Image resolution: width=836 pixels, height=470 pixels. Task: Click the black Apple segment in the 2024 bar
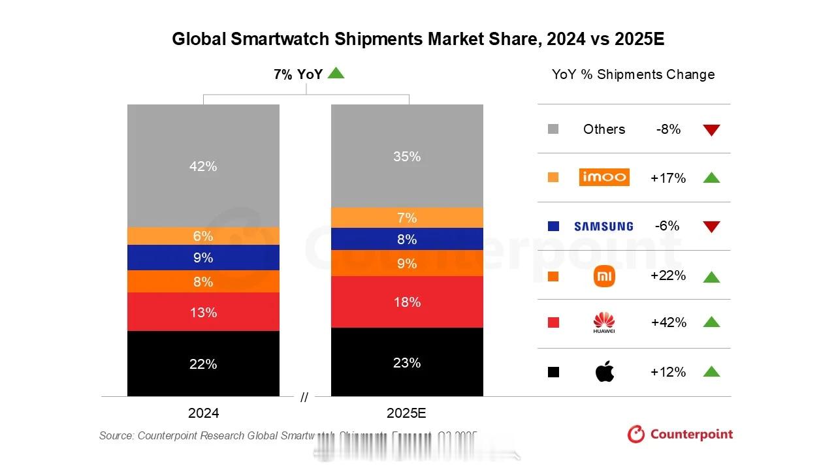point(203,364)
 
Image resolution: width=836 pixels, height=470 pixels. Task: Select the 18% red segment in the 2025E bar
point(407,302)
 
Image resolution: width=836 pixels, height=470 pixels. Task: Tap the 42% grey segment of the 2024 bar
point(203,166)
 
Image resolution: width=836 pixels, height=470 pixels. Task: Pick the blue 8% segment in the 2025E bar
point(407,239)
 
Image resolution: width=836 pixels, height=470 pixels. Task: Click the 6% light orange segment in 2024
point(203,236)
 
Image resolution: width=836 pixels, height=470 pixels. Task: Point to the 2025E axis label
point(406,413)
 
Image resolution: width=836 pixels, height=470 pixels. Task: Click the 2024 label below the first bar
point(203,413)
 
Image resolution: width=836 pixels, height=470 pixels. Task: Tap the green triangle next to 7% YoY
point(336,73)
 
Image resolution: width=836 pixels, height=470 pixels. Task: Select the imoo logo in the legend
point(604,177)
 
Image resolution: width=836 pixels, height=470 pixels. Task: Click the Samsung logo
point(603,227)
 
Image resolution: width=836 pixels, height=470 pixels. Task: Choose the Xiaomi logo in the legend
point(604,276)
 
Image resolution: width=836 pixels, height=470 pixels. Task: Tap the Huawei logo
point(604,322)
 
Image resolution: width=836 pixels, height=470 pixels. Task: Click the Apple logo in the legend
point(605,372)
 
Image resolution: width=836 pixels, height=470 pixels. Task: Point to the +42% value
point(668,322)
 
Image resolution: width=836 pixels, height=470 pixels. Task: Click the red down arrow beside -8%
point(711,130)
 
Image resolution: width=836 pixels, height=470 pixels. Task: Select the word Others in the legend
point(604,129)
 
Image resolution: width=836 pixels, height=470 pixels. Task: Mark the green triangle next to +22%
point(711,277)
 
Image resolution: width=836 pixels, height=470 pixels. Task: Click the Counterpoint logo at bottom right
point(680,434)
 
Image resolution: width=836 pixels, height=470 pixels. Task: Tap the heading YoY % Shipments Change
point(633,74)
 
